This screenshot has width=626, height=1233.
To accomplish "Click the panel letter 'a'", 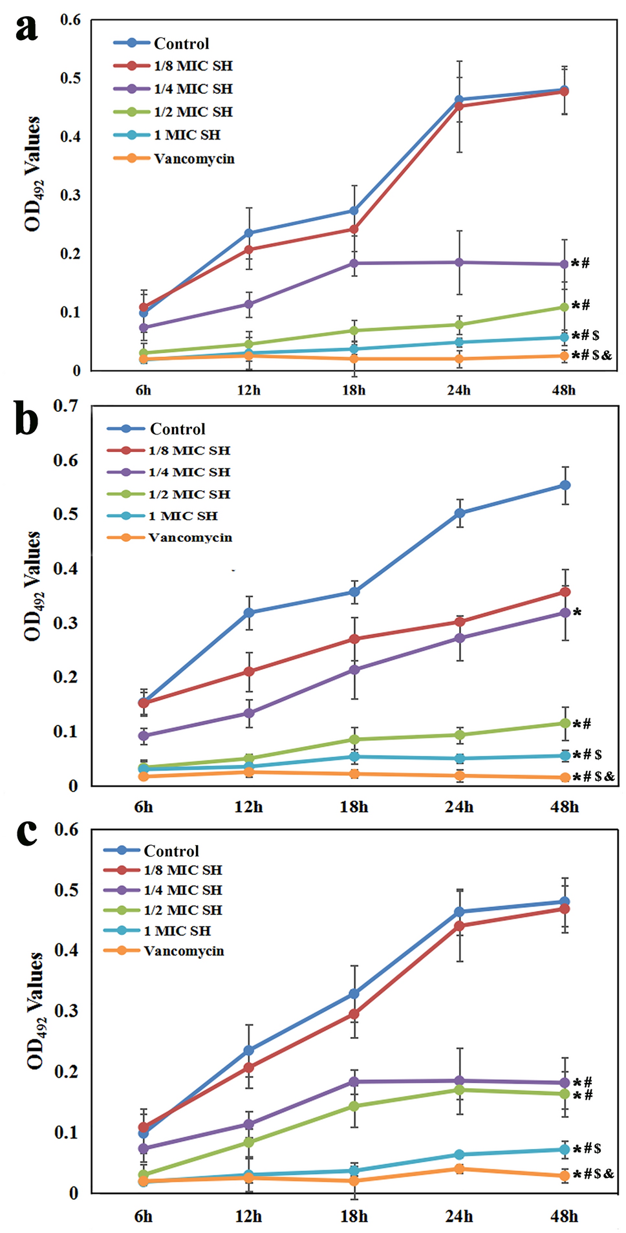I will pyautogui.click(x=26, y=28).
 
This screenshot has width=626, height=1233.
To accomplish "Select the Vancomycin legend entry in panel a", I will pyautogui.click(x=193, y=158).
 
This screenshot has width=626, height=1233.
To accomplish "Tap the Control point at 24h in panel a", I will pyautogui.click(x=459, y=100).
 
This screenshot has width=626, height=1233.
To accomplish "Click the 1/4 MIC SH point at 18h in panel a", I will pyautogui.click(x=354, y=263).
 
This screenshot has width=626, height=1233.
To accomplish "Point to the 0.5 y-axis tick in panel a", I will pyautogui.click(x=70, y=78).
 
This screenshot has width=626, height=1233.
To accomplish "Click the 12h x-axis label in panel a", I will pyautogui.click(x=248, y=390).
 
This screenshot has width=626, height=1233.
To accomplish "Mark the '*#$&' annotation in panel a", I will pyautogui.click(x=592, y=355).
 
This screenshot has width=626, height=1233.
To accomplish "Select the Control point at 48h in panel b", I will pyautogui.click(x=565, y=485).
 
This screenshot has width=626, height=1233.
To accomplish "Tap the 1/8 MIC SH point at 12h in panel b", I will pyautogui.click(x=249, y=671).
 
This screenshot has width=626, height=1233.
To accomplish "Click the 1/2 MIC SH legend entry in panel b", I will pyautogui.click(x=189, y=494).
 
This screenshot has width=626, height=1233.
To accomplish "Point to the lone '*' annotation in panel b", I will pyautogui.click(x=577, y=612).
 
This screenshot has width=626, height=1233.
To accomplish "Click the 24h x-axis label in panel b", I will pyautogui.click(x=459, y=807).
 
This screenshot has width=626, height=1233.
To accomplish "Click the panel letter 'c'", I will pyautogui.click(x=27, y=833).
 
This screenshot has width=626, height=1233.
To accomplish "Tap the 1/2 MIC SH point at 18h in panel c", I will pyautogui.click(x=354, y=1106).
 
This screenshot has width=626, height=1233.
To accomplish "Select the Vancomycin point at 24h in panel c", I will pyautogui.click(x=459, y=1168).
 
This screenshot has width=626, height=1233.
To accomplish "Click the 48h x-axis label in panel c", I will pyautogui.click(x=564, y=1216).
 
